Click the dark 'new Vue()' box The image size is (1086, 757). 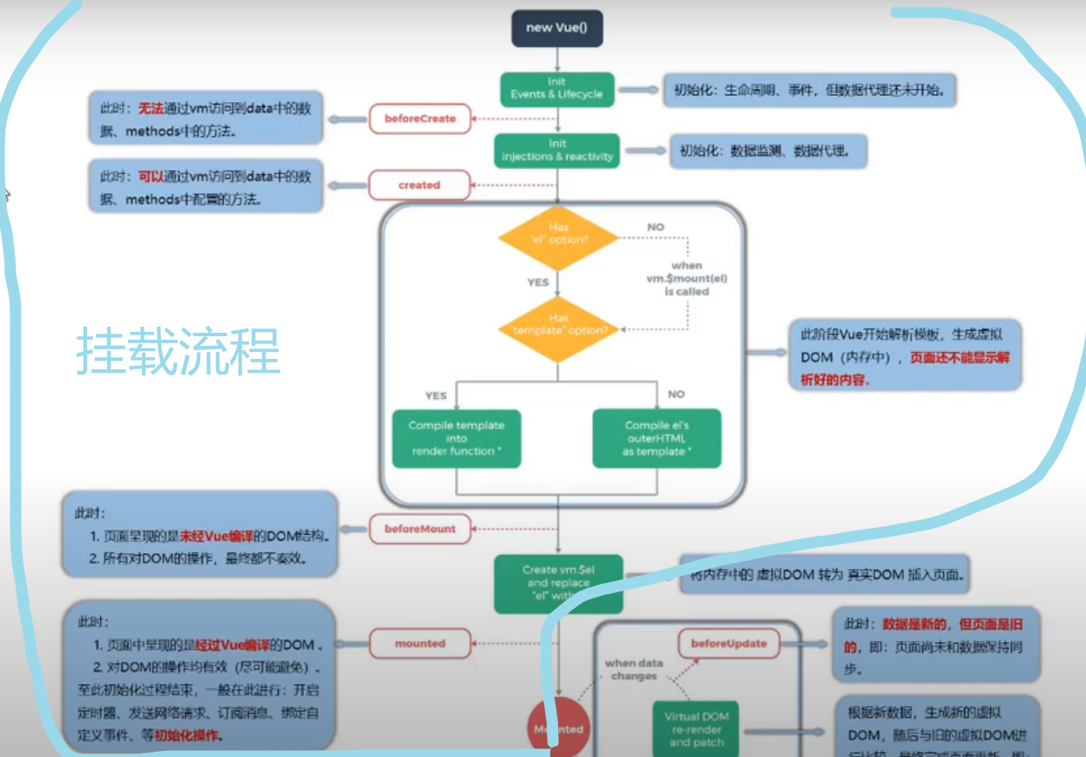coord(556,28)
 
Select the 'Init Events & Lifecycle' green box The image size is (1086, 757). coord(556,88)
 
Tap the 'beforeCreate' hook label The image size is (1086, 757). coord(420,118)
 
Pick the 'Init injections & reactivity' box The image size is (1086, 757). coord(557,150)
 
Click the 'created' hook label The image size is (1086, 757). coord(420,185)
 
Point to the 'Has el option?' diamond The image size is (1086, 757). coord(558,233)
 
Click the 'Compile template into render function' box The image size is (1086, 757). coord(456,438)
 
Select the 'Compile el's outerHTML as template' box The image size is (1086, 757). coord(657,438)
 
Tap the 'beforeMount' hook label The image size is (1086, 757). coord(420,529)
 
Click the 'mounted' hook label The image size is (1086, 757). coord(420,644)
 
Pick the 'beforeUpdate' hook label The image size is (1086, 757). coord(729,644)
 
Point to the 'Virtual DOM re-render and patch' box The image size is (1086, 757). coord(697,730)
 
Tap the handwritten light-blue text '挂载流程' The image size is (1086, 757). coord(179,352)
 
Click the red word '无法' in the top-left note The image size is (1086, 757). coord(151,109)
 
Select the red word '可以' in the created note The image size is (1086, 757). coord(151,177)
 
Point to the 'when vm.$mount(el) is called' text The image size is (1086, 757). coord(687,279)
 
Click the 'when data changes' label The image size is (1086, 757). coord(634,669)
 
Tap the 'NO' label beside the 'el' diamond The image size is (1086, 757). coord(655,226)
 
